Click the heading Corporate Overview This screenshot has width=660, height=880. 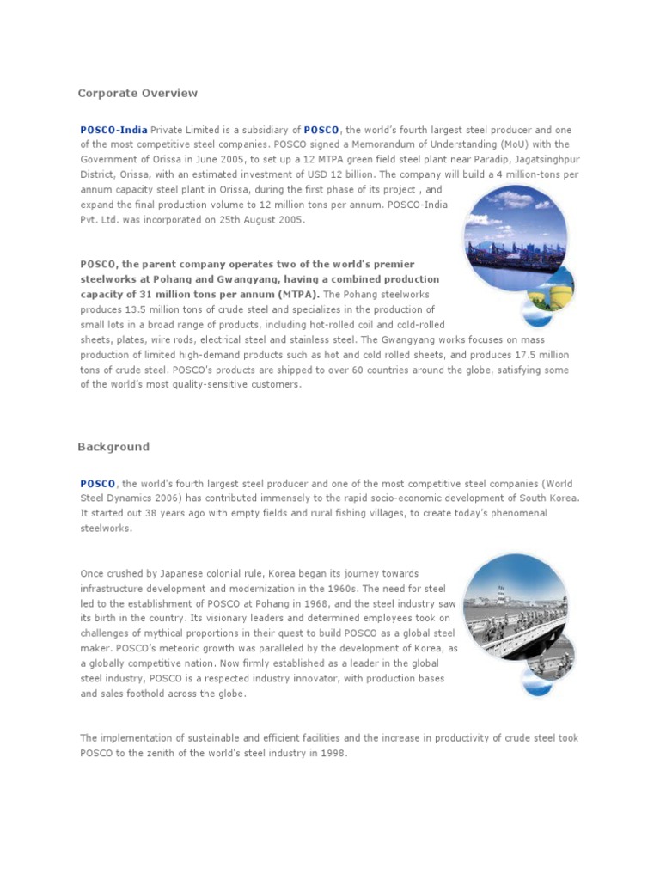click(137, 93)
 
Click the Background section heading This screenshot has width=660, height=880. click(113, 447)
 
